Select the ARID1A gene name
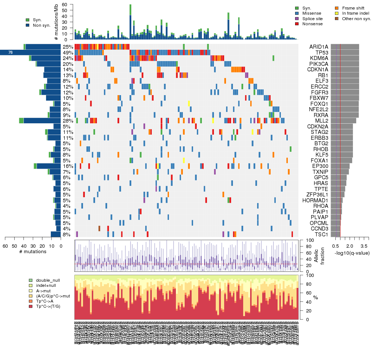coord(319,47)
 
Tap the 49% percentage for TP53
coord(68,52)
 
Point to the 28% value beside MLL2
coord(68,121)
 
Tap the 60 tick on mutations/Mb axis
coord(65,4)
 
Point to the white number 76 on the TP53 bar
coord(10,53)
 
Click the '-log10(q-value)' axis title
coord(352,253)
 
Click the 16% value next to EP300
coord(68,166)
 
